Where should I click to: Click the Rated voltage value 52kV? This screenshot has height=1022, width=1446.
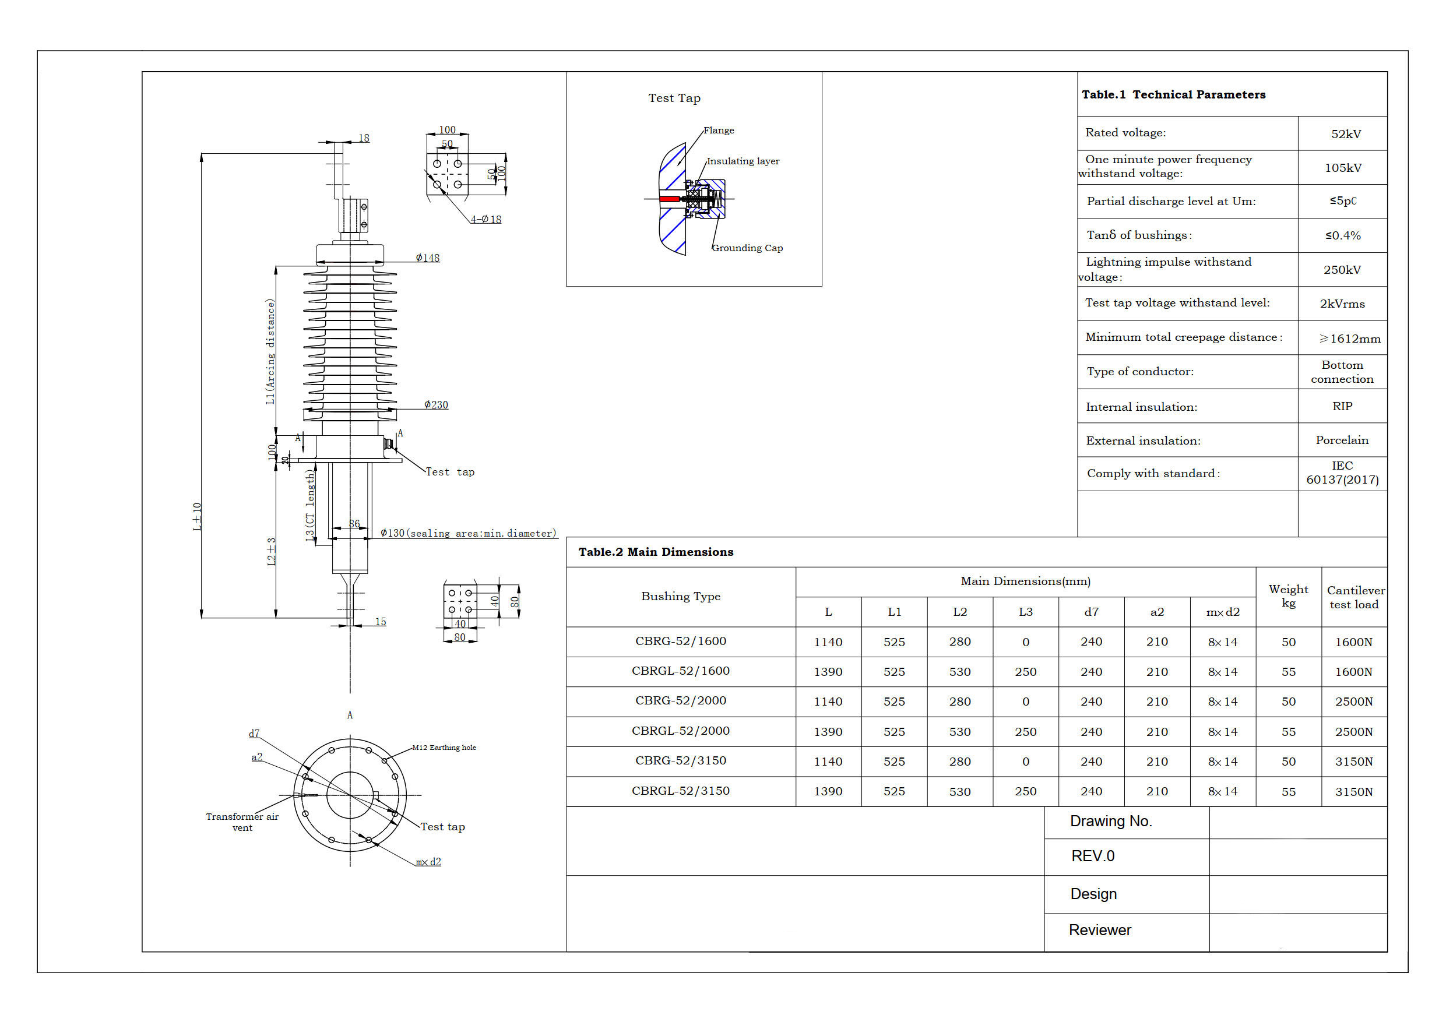1346,134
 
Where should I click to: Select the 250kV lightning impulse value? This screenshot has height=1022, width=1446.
1342,270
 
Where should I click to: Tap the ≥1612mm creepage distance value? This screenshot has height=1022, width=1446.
1350,339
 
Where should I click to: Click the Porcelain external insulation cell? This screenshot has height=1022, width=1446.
1342,440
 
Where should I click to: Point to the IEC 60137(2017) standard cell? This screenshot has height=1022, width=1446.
1342,473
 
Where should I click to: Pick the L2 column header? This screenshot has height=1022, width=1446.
960,612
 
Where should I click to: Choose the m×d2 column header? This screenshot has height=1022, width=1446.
1222,612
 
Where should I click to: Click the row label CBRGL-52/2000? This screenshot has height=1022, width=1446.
681,731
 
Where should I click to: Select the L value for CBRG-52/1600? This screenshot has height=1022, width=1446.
828,642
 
